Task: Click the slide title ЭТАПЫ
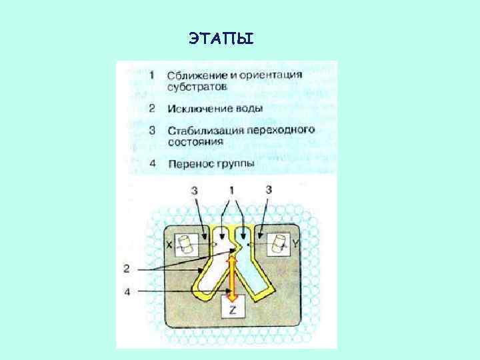click(221, 39)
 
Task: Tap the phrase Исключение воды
click(215, 108)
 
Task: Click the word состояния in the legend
click(195, 141)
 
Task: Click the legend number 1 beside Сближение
click(153, 75)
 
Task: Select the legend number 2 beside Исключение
click(153, 108)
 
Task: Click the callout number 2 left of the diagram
click(127, 269)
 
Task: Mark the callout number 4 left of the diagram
click(127, 291)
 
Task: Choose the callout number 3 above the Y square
click(268, 191)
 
